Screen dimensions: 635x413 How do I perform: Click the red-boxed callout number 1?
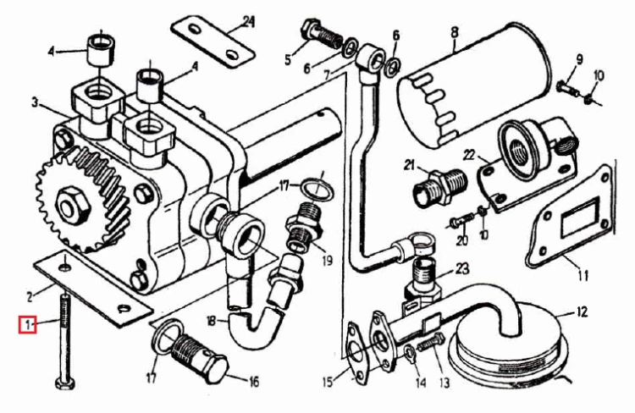[27, 324]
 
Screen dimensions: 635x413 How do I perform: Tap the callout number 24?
[248, 21]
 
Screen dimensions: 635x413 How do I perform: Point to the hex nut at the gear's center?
[74, 205]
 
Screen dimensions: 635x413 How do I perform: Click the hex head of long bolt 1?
[65, 383]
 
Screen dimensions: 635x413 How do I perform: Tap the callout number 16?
[253, 382]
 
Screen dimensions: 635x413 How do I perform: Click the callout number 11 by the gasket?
[583, 276]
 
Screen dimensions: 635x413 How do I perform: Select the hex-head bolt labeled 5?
[323, 35]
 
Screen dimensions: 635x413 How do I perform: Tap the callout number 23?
[462, 268]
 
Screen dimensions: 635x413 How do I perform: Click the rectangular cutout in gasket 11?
[579, 218]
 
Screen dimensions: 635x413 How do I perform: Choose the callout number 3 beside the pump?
[35, 103]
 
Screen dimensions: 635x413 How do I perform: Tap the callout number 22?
[468, 154]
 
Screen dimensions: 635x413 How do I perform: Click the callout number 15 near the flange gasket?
[329, 382]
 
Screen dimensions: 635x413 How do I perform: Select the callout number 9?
[579, 60]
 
